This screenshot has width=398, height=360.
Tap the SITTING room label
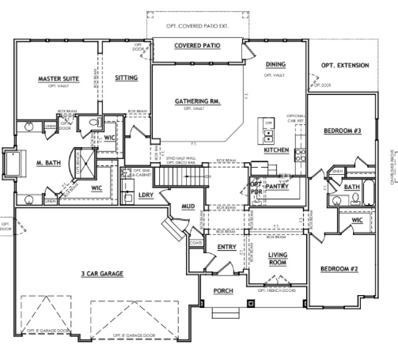pos(126,78)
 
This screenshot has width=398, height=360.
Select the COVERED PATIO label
pos(197,46)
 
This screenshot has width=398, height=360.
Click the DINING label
pos(275,64)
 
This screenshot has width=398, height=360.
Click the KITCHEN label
pos(276,150)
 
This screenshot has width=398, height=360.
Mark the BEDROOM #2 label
pos(339,270)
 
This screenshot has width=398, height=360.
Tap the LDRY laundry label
pos(145,195)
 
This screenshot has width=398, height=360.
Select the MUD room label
pos(188,207)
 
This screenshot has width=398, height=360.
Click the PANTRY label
pos(277,186)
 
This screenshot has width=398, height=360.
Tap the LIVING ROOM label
pos(276,257)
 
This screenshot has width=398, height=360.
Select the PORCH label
pos(223,292)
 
